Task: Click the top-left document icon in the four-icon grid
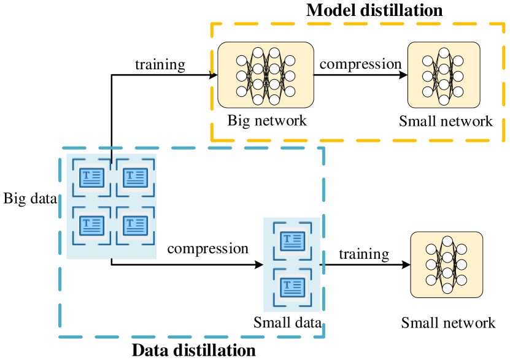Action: tap(91, 178)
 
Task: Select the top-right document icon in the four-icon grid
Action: tap(135, 178)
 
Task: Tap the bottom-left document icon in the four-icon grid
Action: tap(91, 225)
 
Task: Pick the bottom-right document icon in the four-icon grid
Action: tap(135, 225)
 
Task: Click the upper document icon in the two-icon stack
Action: tap(292, 241)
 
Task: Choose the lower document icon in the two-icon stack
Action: tap(292, 287)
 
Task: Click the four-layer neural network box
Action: tap(266, 75)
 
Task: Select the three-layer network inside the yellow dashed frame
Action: tap(444, 75)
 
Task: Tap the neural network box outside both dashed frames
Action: tap(446, 264)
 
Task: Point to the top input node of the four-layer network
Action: tap(242, 61)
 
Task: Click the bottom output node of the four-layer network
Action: tap(290, 91)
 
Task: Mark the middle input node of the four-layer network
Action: tap(242, 76)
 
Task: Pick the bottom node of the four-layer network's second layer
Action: tap(258, 99)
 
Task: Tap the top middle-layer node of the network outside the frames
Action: tap(447, 242)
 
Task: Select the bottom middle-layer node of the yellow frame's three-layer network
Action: tap(444, 99)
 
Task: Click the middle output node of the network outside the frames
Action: tap(462, 265)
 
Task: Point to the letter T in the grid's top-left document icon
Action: tap(86, 175)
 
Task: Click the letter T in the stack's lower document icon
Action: tap(287, 285)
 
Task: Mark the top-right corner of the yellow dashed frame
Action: tap(504, 24)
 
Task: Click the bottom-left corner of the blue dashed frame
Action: tap(60, 336)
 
